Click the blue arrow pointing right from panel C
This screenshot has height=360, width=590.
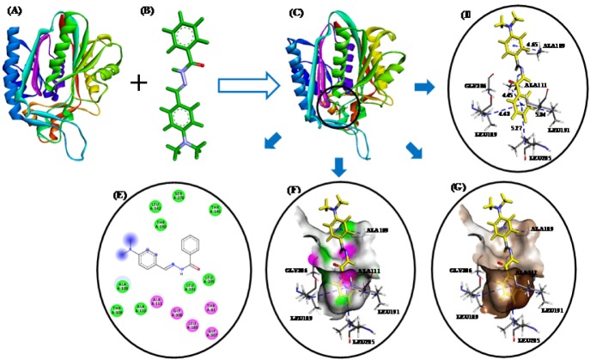425,86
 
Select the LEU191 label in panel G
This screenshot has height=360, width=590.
557,310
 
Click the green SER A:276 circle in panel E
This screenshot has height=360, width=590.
179,197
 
